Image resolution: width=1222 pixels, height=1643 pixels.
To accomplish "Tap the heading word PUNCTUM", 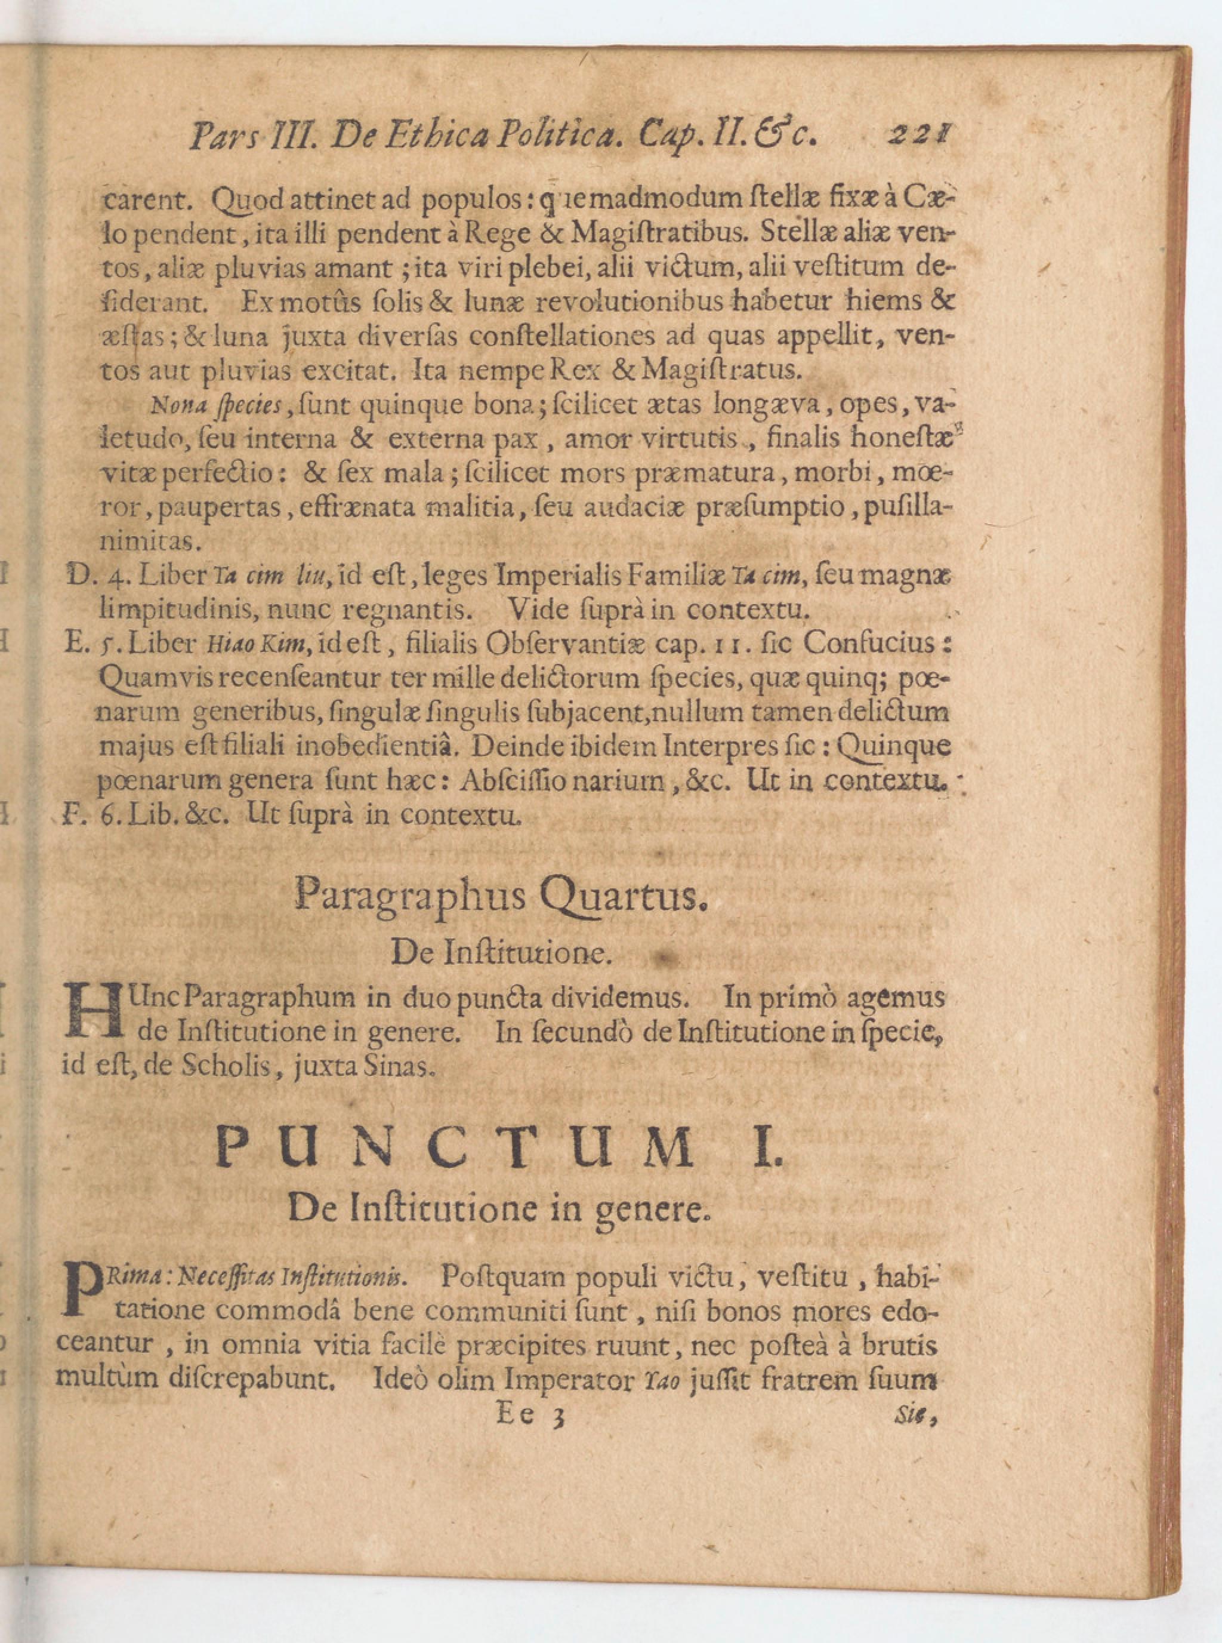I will coord(454,1147).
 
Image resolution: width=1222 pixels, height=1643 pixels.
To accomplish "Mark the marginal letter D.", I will coord(76,575).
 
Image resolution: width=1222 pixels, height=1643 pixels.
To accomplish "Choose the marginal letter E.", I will coord(76,643).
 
